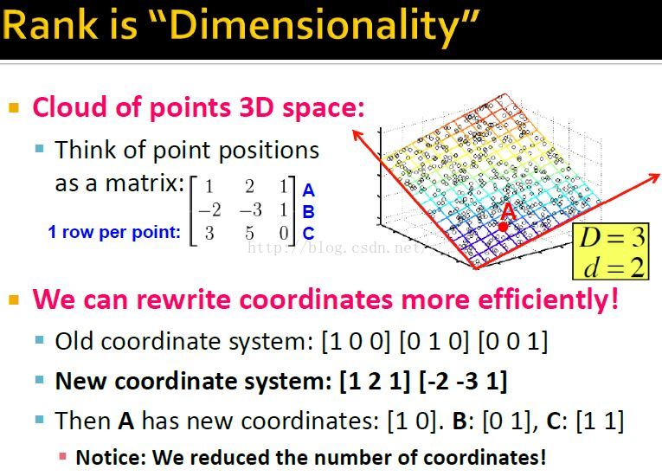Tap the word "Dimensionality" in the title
pyautogui.click(x=319, y=25)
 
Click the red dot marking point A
pyautogui.click(x=503, y=227)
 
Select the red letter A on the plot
pyautogui.click(x=508, y=211)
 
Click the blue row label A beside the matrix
pyautogui.click(x=308, y=191)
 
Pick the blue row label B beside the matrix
pyautogui.click(x=308, y=212)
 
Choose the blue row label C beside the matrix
pyautogui.click(x=308, y=234)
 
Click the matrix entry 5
pyautogui.click(x=250, y=233)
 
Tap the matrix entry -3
pyautogui.click(x=249, y=210)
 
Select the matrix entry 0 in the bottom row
pyautogui.click(x=283, y=233)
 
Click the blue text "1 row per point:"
pyautogui.click(x=114, y=232)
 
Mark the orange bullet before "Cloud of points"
pyautogui.click(x=14, y=108)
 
